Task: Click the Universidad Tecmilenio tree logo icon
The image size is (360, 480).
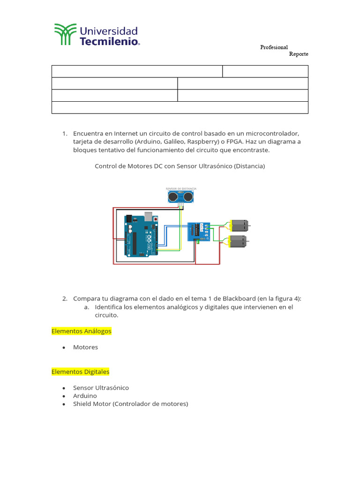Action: click(x=65, y=35)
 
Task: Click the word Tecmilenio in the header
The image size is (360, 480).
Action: click(x=109, y=41)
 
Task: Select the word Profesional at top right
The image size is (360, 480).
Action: click(x=274, y=47)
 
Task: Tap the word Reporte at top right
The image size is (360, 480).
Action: click(x=299, y=54)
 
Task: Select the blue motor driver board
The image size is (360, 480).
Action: click(x=198, y=232)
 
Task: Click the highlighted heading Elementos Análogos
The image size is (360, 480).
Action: click(x=82, y=331)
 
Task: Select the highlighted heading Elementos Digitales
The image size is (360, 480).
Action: click(x=80, y=372)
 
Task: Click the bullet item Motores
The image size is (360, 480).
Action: click(x=85, y=347)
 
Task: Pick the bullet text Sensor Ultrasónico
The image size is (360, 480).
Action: click(x=101, y=388)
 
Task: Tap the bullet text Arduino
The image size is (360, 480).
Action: click(x=85, y=396)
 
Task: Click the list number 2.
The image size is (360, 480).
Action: click(x=65, y=299)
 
